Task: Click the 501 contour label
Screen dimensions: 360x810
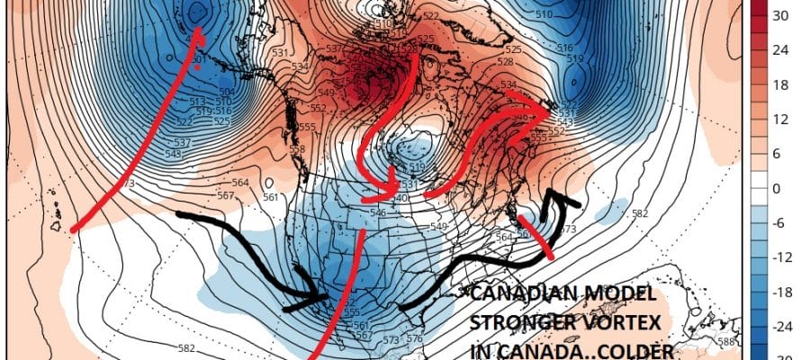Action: click(196, 58)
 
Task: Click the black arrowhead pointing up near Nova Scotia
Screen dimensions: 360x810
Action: click(563, 198)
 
